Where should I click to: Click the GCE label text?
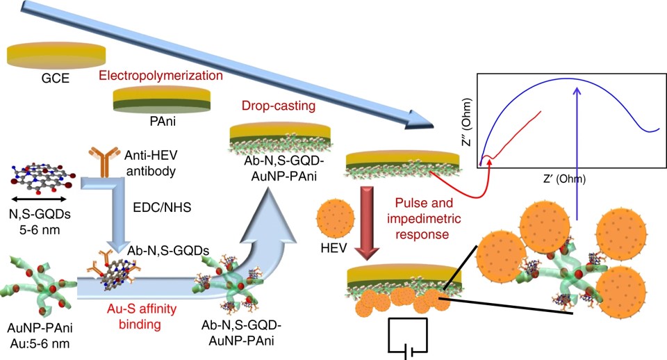[56, 79]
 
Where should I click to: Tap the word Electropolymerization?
[161, 74]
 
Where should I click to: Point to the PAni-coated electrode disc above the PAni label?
[161, 99]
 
